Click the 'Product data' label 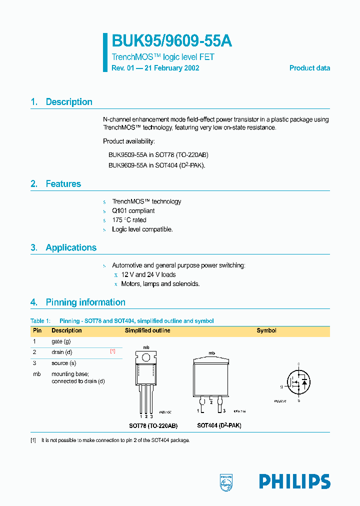click(309, 68)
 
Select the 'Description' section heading click(69, 102)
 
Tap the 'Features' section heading click(63, 184)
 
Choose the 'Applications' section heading click(71, 247)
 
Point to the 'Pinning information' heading click(85, 302)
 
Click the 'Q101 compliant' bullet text click(133, 211)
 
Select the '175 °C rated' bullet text click(129, 220)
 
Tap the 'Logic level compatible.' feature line click(142, 229)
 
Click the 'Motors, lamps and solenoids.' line click(160, 284)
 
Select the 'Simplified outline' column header click(147, 330)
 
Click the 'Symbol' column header click(266, 330)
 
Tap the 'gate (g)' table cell click(61, 341)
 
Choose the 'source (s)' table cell click(63, 363)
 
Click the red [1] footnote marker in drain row click(112, 351)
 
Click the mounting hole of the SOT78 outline click(146, 357)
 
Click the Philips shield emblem click(227, 481)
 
